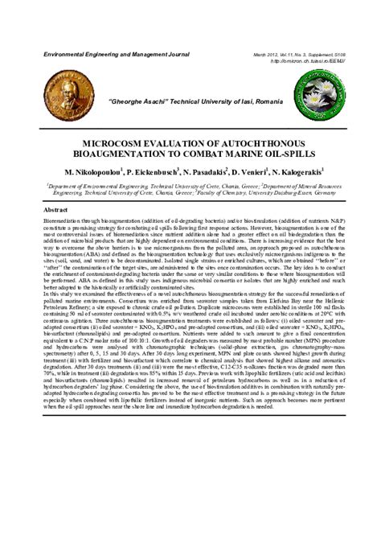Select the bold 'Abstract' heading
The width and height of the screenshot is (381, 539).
pyautogui.click(x=55, y=208)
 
